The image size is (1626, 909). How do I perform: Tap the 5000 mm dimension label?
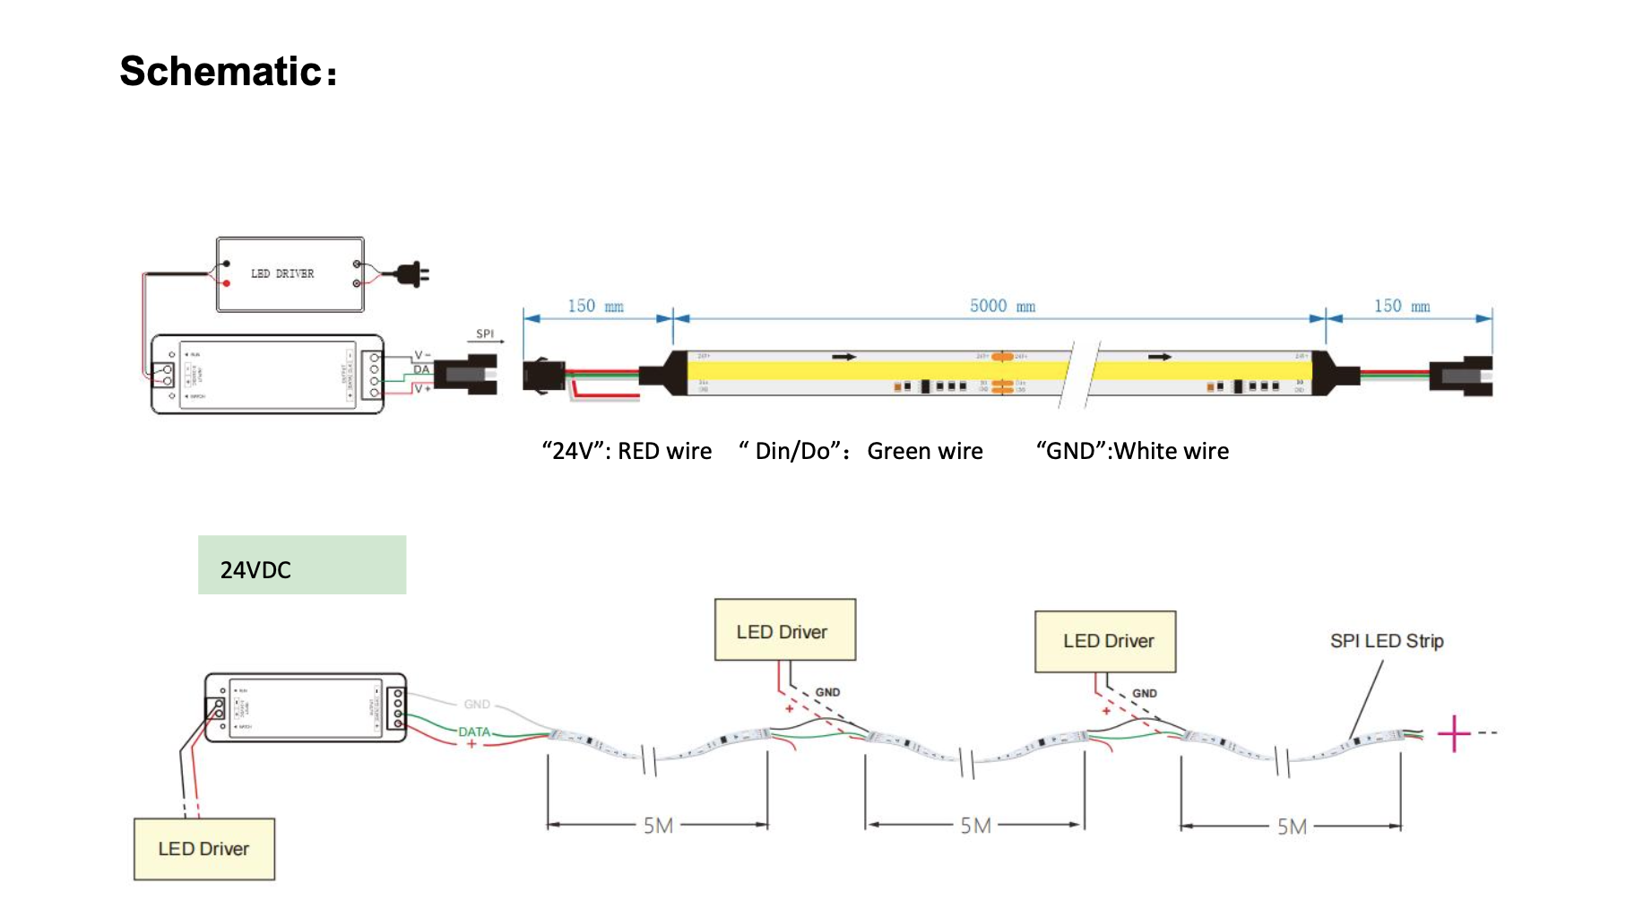1002,307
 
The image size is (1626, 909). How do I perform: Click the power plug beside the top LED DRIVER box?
413,273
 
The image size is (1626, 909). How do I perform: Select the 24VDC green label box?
302,565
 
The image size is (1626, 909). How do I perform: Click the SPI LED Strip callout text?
1387,641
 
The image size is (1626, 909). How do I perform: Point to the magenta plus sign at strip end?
1453,733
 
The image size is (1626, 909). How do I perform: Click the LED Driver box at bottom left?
204,849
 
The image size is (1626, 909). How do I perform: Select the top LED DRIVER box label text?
282,273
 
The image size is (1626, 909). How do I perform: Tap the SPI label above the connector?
485,333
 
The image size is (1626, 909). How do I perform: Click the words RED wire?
665,451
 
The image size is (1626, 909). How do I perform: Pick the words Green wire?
925,451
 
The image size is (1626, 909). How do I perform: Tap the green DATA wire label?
474,732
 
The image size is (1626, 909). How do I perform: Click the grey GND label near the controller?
477,705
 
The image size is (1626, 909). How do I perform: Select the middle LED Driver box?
785,630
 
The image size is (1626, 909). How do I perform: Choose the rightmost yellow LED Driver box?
1105,642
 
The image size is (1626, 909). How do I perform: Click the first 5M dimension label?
658,826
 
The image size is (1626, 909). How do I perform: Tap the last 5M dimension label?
1292,827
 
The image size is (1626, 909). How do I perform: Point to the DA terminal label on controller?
421,369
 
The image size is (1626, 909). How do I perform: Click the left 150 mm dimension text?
595,307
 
